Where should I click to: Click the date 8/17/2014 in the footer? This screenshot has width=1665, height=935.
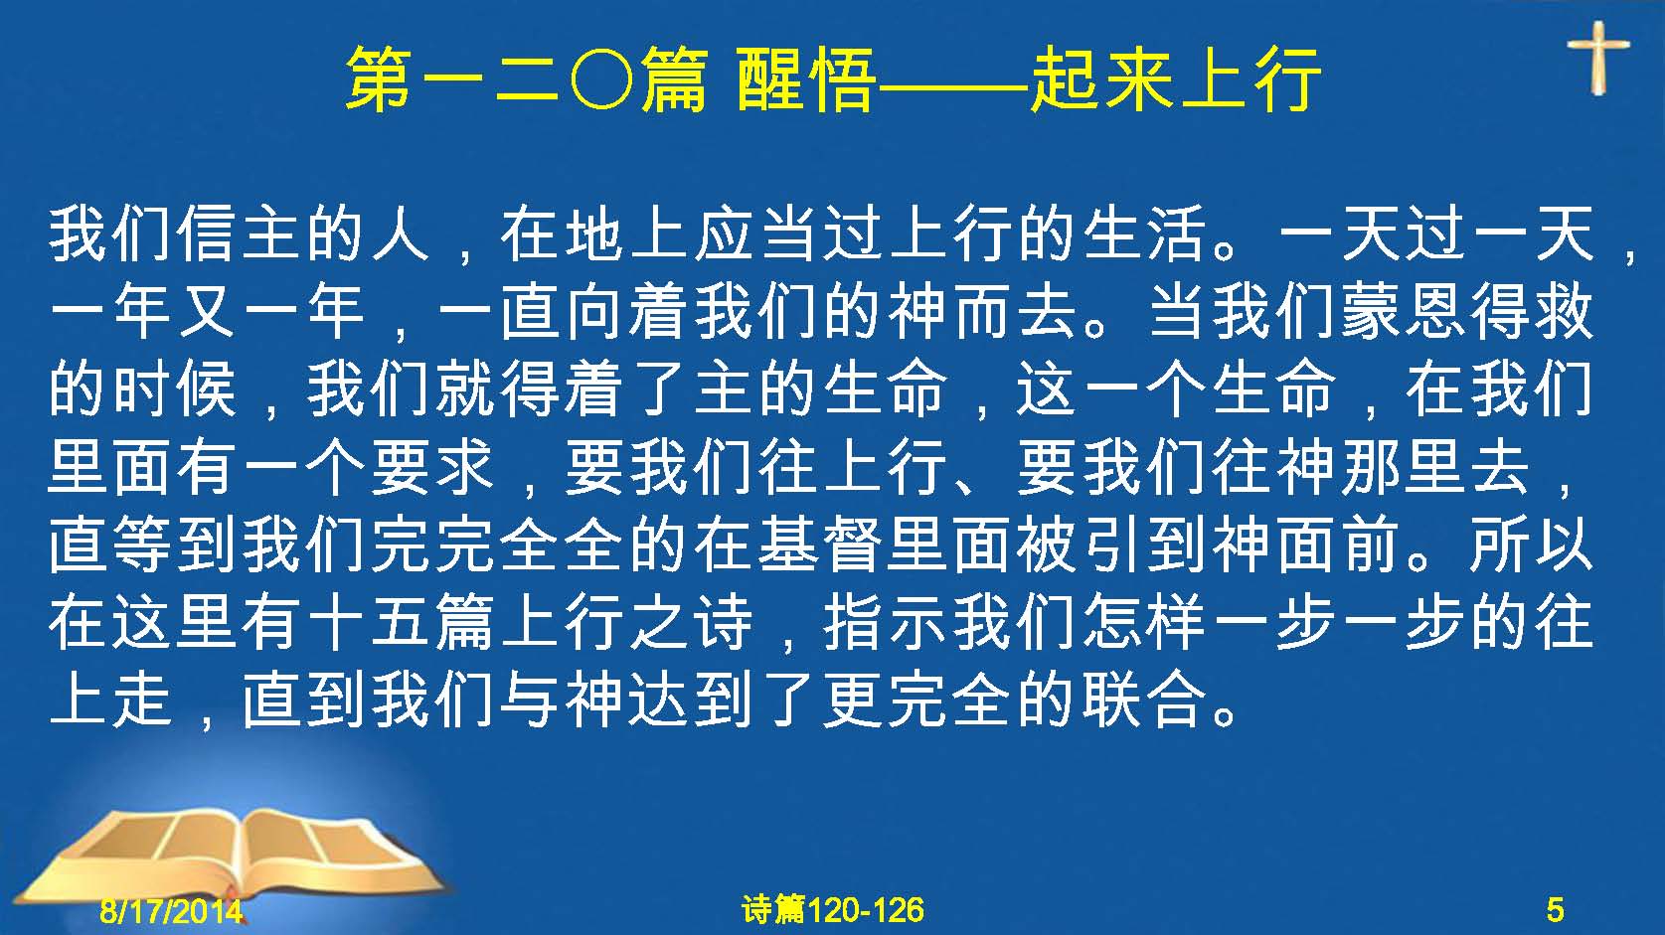point(171,910)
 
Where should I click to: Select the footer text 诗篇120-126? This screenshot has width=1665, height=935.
point(833,910)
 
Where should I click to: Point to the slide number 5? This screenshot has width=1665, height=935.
point(1555,910)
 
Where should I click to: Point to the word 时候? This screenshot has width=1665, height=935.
point(176,390)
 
